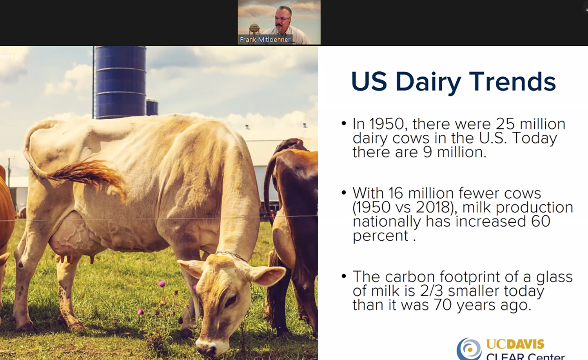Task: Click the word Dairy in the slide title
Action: pos(428,82)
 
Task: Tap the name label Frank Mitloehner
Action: pos(265,40)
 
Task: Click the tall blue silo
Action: pos(120,82)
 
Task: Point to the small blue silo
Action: pos(152,107)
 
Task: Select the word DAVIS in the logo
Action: pos(524,344)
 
